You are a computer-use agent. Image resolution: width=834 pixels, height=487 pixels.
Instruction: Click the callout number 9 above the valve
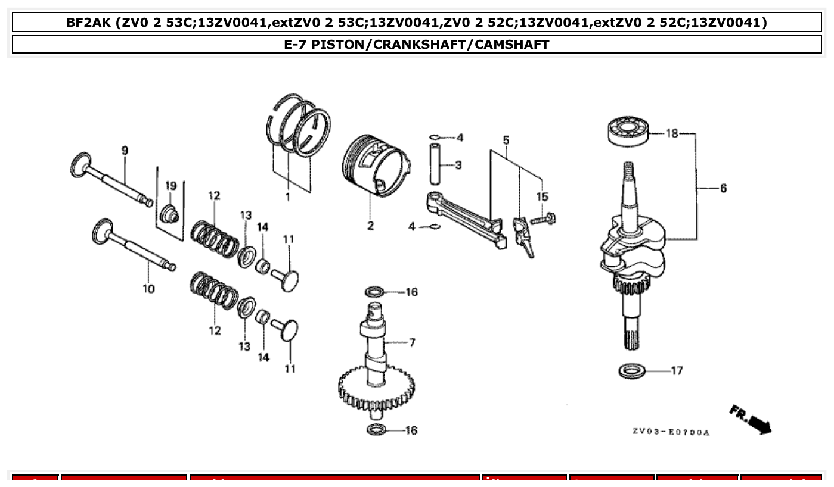pyautogui.click(x=125, y=151)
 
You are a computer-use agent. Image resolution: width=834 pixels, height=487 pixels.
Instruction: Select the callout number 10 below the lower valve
pyautogui.click(x=148, y=289)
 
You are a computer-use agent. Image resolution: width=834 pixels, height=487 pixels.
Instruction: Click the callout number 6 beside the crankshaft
pyautogui.click(x=723, y=188)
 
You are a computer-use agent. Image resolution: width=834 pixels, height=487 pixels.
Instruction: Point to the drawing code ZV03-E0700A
pyautogui.click(x=671, y=432)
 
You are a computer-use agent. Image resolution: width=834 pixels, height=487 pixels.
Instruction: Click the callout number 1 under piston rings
pyautogui.click(x=288, y=197)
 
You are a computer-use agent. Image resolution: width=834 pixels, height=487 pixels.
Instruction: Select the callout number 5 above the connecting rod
pyautogui.click(x=506, y=141)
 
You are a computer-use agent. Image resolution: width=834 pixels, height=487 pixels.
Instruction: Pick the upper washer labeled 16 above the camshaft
pyautogui.click(x=374, y=291)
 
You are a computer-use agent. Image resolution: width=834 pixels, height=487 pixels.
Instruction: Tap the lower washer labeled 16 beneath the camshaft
pyautogui.click(x=376, y=429)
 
